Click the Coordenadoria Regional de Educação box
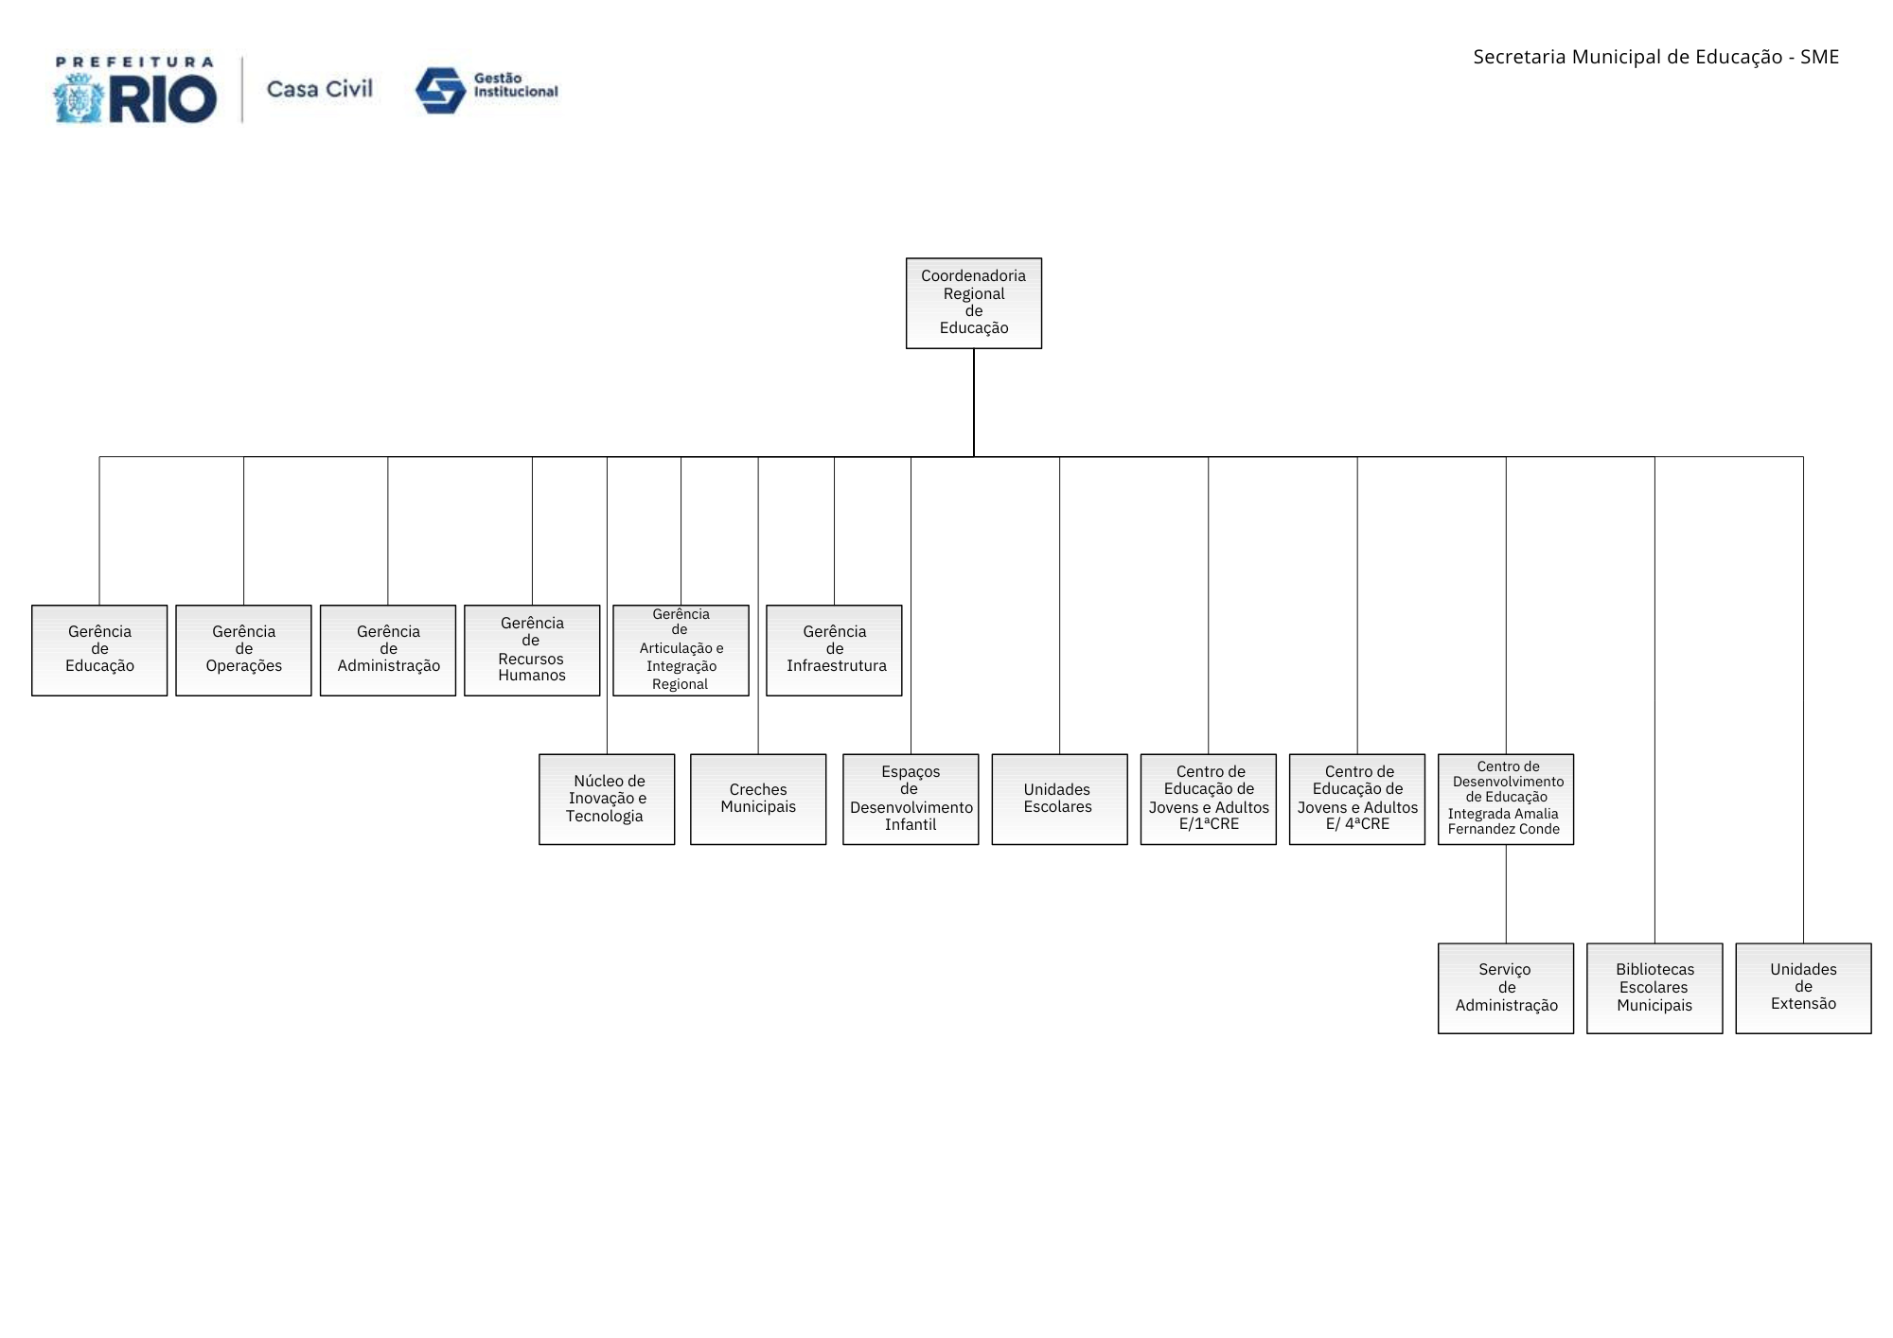point(973,303)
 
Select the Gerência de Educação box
point(99,650)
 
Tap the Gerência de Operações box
point(243,650)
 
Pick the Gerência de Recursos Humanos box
point(532,650)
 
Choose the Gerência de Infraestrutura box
point(834,650)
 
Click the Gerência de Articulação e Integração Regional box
point(681,650)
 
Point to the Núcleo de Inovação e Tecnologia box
point(607,799)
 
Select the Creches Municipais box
point(758,799)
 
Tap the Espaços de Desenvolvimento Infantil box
point(911,799)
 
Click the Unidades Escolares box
point(1059,799)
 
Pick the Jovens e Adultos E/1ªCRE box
point(1208,799)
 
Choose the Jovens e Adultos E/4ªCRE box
point(1356,799)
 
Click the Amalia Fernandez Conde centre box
point(1506,799)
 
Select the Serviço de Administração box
point(1506,988)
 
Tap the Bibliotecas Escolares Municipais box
point(1654,988)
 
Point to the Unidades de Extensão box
point(1803,988)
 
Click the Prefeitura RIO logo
point(134,90)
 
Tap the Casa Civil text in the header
point(320,89)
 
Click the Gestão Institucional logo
point(487,90)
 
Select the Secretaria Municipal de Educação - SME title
point(1655,57)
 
